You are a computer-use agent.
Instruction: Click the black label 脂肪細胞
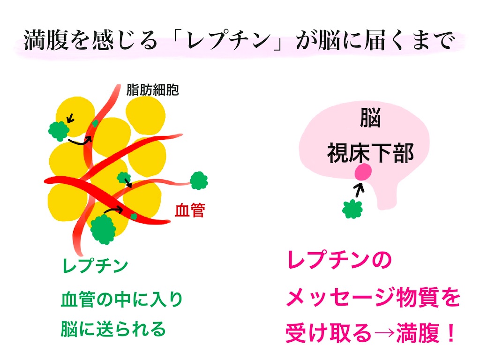pyautogui.click(x=152, y=90)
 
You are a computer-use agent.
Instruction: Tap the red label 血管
pyautogui.click(x=190, y=210)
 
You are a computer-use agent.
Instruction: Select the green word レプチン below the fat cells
pyautogui.click(x=95, y=265)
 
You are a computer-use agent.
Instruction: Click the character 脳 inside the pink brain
pyautogui.click(x=370, y=118)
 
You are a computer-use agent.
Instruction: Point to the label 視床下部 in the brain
pyautogui.click(x=370, y=153)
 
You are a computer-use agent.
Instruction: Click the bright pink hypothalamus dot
pyautogui.click(x=363, y=172)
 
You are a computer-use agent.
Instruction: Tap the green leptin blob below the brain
pyautogui.click(x=352, y=209)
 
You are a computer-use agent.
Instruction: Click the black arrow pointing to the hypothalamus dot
pyautogui.click(x=359, y=189)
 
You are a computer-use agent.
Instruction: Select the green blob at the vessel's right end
pyautogui.click(x=199, y=180)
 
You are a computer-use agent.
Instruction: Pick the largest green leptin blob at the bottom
pyautogui.click(x=103, y=229)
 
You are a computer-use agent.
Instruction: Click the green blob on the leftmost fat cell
pyautogui.click(x=59, y=131)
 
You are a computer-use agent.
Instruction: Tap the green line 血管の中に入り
pyautogui.click(x=121, y=300)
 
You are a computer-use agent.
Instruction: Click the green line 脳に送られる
pyautogui.click(x=113, y=329)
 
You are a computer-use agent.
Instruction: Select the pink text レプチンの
pyautogui.click(x=339, y=260)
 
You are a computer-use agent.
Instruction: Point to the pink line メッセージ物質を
pyautogui.click(x=373, y=297)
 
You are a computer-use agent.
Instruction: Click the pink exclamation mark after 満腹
pyautogui.click(x=451, y=333)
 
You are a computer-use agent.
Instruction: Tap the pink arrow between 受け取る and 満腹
pyautogui.click(x=383, y=333)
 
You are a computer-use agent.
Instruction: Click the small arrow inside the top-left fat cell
pyautogui.click(x=70, y=118)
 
